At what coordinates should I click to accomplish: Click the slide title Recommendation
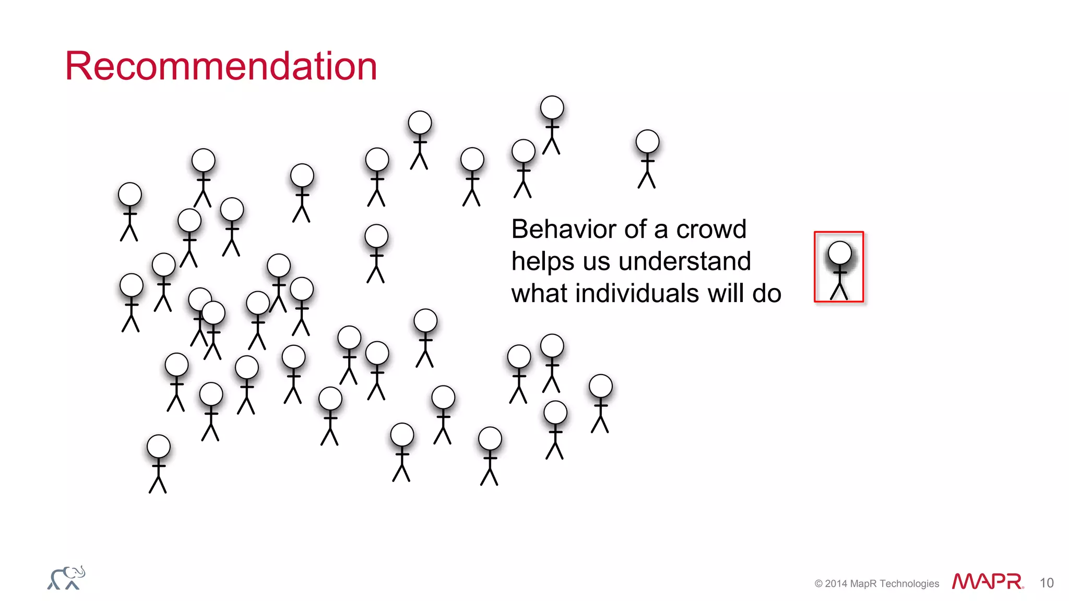pyautogui.click(x=221, y=66)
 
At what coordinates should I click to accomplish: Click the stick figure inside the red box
pyautogui.click(x=839, y=269)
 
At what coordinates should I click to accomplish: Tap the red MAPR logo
pyautogui.click(x=987, y=581)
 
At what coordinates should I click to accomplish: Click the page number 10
pyautogui.click(x=1046, y=583)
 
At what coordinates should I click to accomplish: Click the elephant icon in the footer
pyautogui.click(x=66, y=578)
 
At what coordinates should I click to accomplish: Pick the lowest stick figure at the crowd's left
pyautogui.click(x=158, y=463)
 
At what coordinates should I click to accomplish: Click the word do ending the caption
pyautogui.click(x=767, y=293)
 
